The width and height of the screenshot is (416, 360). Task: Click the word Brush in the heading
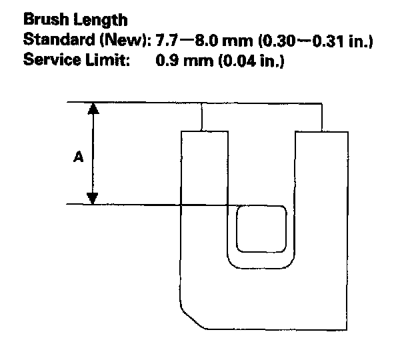click(x=42, y=21)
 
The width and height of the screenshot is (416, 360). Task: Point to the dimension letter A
click(x=78, y=157)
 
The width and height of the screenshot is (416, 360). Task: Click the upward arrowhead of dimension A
click(x=93, y=109)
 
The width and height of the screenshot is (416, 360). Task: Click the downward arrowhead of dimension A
click(x=93, y=198)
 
